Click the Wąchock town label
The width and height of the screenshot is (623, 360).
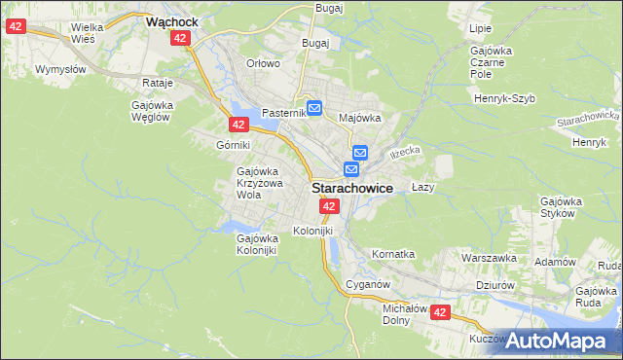pos(171,19)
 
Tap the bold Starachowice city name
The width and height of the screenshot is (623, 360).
pos(352,188)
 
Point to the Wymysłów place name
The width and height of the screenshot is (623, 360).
pos(61,69)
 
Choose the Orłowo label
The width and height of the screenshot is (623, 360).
pos(263,63)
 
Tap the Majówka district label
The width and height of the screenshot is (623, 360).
pos(358,118)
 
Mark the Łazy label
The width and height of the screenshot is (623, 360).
pos(422,186)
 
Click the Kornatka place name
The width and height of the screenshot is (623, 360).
pos(393,254)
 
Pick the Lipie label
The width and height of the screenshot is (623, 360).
pos(480,29)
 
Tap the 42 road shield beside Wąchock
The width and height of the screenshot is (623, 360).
pos(179,37)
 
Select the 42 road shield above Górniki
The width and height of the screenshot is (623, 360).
pos(238,124)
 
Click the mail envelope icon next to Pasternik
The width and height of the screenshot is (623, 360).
pos(314,108)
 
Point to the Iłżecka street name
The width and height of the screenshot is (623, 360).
pos(404,153)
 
